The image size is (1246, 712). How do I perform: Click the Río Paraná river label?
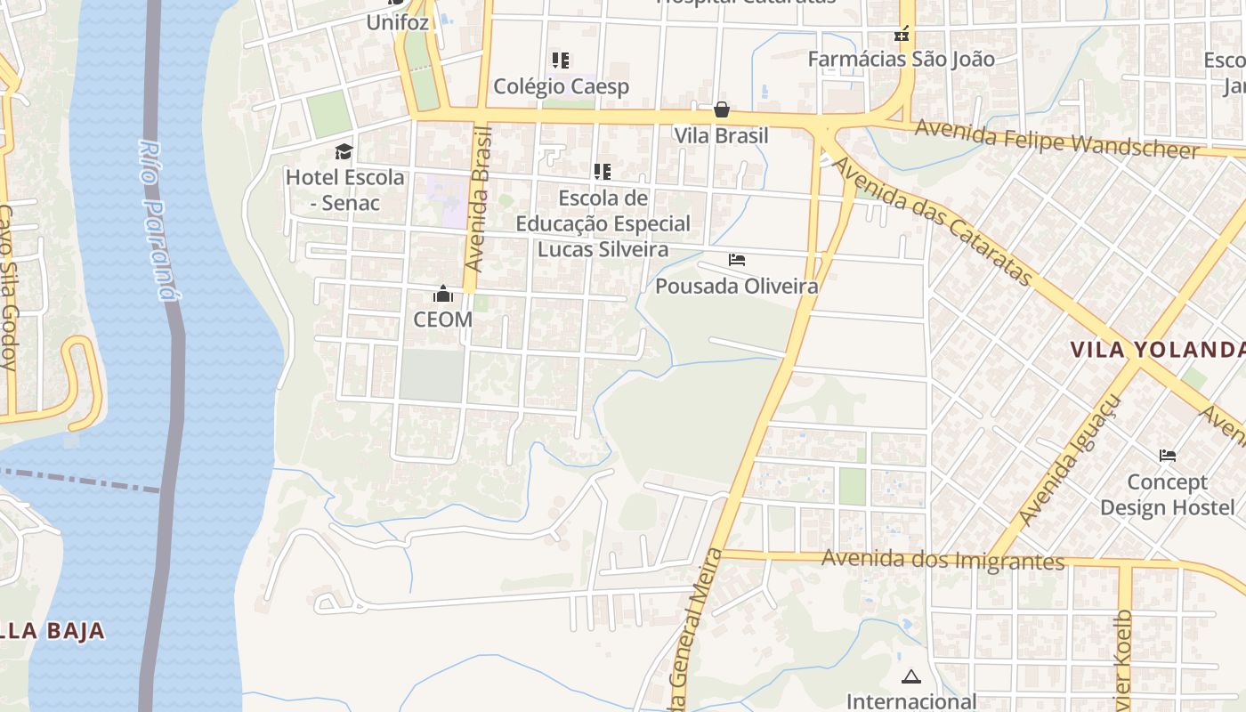161,220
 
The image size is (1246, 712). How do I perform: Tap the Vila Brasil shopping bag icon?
722,109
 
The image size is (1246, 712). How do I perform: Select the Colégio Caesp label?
561,86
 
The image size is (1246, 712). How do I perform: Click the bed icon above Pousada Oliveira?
737,260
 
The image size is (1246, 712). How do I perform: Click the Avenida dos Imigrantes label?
943,560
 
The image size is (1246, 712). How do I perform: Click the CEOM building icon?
443,294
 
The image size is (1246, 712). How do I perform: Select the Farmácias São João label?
901,59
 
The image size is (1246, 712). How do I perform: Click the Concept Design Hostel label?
1167,495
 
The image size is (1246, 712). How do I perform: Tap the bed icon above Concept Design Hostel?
1168,456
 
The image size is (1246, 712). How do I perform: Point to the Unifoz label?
398,22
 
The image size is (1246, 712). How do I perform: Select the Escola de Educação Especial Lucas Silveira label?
603,223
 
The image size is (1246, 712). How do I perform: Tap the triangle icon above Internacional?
910,676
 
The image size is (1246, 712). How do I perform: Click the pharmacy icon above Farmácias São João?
902,35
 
